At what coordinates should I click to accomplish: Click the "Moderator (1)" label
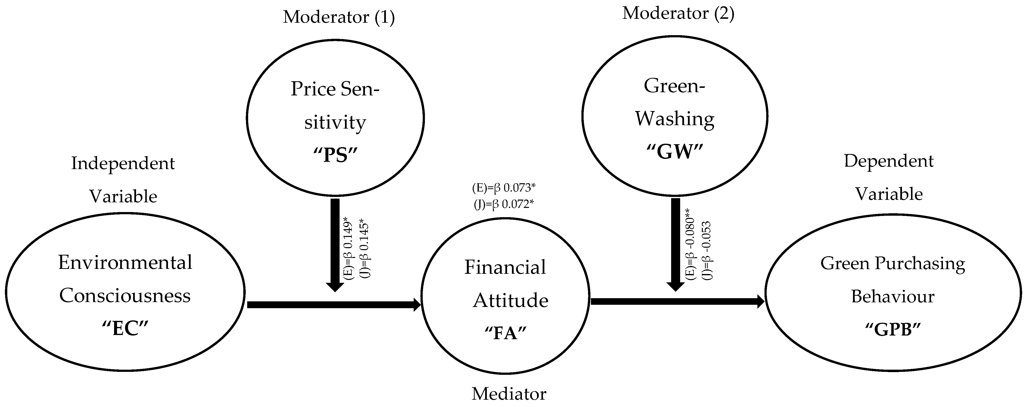339,17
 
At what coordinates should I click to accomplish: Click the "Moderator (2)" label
678,13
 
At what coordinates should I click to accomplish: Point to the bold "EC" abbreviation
125,329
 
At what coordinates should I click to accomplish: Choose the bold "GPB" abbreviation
892,330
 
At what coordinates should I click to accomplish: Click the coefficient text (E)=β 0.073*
503,187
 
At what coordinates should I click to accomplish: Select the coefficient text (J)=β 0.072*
503,204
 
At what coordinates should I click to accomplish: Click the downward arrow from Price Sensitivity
335,244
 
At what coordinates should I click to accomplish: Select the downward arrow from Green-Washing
675,244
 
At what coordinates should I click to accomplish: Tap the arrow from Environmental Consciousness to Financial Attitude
333,305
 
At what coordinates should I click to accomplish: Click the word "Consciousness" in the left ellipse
125,296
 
